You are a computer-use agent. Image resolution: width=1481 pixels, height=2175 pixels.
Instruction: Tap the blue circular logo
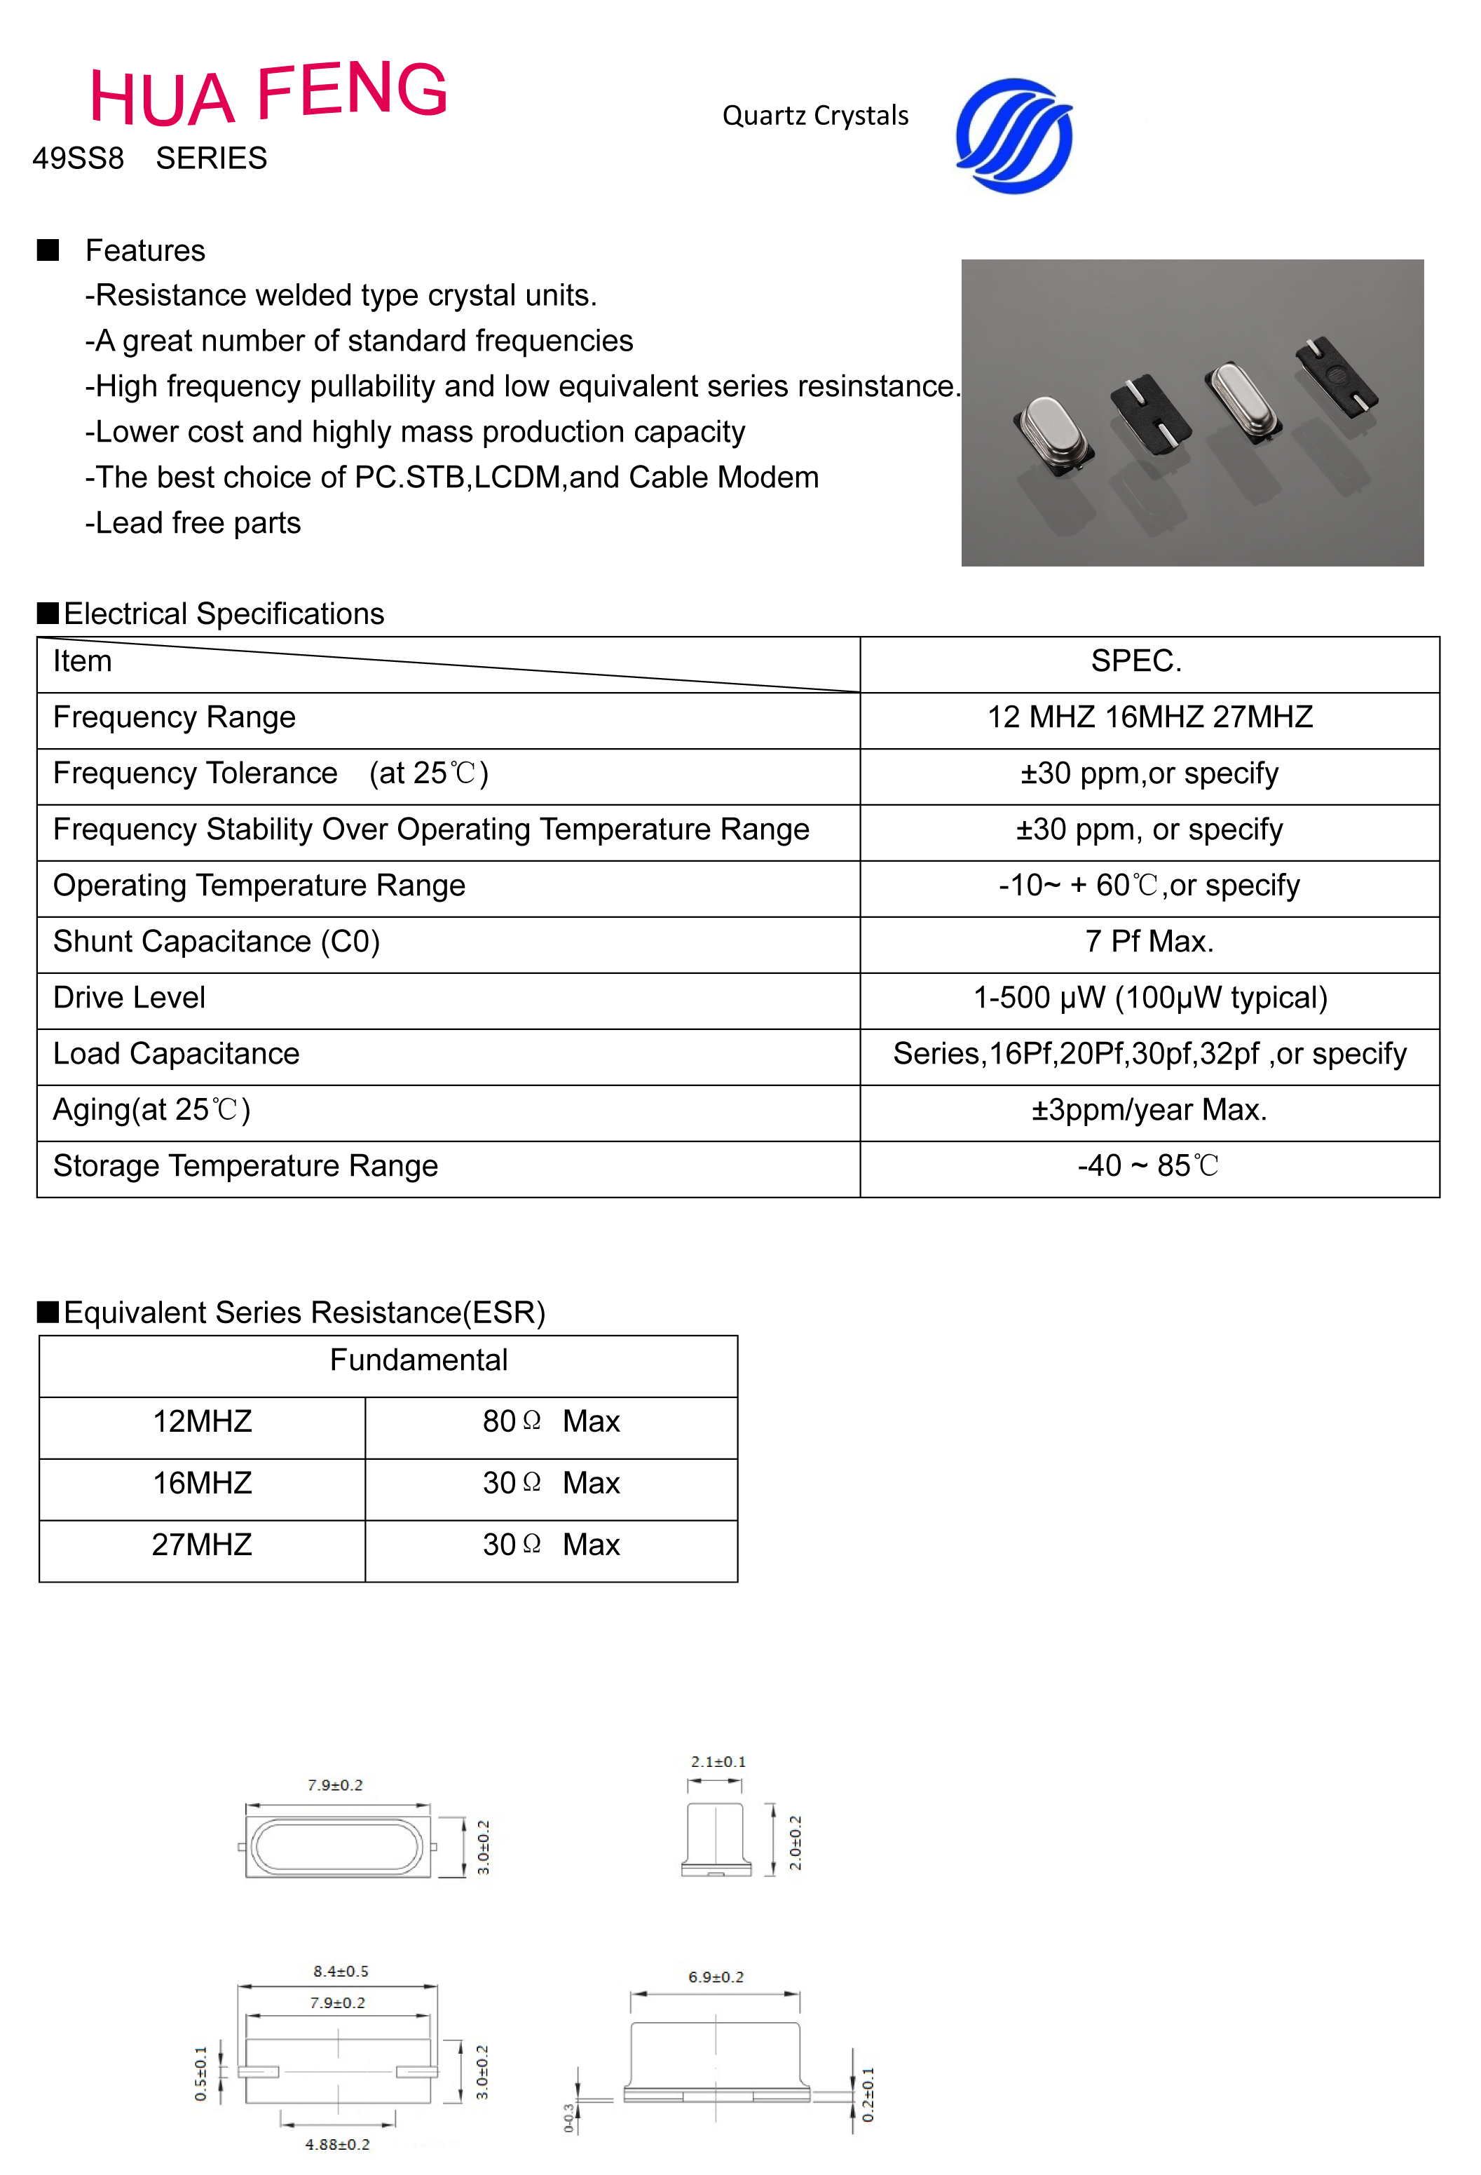point(1014,137)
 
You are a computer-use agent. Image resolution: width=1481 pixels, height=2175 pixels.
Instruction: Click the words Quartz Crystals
point(815,116)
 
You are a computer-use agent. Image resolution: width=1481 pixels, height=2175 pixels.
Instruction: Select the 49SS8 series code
point(79,158)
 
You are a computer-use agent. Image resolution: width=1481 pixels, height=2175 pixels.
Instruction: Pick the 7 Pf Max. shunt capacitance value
point(1149,942)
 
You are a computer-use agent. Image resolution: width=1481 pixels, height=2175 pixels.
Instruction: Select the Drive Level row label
point(129,998)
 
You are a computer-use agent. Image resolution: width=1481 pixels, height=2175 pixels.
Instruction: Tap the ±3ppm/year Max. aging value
point(1149,1110)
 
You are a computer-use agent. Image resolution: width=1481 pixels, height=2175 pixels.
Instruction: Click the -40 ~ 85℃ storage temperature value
point(1149,1166)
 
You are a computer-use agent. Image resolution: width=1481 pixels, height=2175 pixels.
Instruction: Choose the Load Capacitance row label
point(176,1054)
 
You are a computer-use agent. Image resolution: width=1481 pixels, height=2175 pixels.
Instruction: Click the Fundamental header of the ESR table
point(418,1360)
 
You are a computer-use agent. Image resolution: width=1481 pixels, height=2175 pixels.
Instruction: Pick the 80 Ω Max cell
point(551,1422)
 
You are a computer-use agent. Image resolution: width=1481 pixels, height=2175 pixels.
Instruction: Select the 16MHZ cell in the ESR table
point(202,1484)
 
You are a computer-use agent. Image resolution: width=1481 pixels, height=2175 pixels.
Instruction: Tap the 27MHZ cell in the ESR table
point(202,1545)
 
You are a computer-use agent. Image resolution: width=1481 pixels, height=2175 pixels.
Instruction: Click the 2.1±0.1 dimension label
point(718,1761)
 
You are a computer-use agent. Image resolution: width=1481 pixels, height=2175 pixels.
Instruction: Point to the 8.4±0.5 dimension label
point(341,1971)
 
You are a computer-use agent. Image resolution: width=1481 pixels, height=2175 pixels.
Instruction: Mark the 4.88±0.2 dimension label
point(337,2144)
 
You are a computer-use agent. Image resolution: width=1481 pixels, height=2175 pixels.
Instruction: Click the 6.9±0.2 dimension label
point(716,1977)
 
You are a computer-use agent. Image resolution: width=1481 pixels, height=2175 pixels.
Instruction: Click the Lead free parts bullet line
point(193,523)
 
